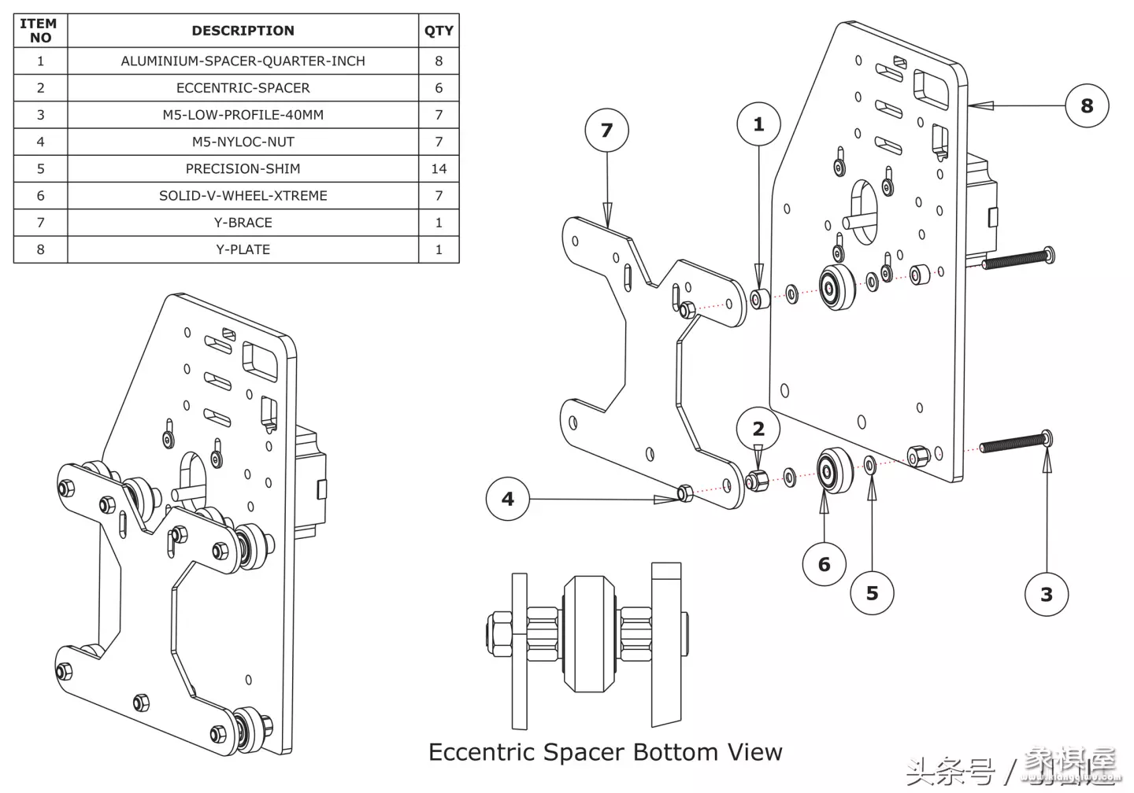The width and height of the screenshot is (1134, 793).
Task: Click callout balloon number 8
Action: click(1087, 105)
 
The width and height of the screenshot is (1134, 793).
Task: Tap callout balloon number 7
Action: click(606, 130)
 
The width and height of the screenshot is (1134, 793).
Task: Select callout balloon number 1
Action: click(758, 124)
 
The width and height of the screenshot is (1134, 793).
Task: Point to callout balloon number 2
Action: click(758, 429)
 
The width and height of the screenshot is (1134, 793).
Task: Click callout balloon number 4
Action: click(508, 499)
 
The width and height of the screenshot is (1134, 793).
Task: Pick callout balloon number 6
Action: click(825, 564)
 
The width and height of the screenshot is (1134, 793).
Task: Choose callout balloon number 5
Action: click(872, 593)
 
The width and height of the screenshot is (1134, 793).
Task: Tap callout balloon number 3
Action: click(1047, 595)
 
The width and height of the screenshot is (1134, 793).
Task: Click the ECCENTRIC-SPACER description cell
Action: click(243, 88)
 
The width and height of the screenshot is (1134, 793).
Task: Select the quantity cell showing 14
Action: click(439, 168)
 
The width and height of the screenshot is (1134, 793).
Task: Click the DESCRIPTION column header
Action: click(243, 31)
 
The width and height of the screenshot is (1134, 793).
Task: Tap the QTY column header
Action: click(439, 31)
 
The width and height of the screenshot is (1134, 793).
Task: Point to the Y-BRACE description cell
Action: click(243, 223)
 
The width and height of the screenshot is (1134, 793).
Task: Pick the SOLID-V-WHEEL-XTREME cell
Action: click(243, 196)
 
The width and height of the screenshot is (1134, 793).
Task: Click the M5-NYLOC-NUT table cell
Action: click(243, 142)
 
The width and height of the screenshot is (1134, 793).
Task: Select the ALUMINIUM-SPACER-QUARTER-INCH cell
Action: click(243, 61)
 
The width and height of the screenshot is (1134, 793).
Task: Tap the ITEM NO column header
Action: click(40, 31)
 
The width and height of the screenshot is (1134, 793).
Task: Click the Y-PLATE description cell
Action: click(243, 249)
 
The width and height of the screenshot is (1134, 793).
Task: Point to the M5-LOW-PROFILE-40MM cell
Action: click(243, 115)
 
